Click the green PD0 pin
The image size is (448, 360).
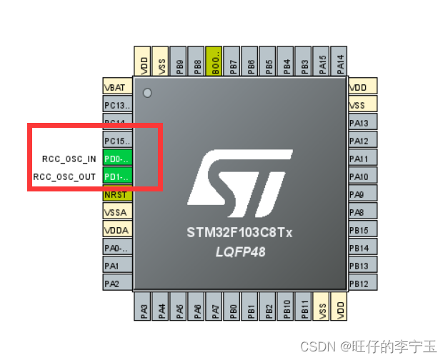(118, 159)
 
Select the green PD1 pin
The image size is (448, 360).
(118, 176)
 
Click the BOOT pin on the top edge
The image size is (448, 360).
(214, 62)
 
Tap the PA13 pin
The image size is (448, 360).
(362, 123)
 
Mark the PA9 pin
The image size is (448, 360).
(362, 194)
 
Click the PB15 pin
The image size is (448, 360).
(362, 230)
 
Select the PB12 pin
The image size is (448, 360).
(362, 284)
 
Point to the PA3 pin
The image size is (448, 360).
(144, 308)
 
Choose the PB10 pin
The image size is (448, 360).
(287, 308)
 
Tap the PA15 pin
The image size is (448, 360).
(322, 62)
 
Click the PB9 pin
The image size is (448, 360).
(179, 62)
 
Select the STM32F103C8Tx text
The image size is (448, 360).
(240, 233)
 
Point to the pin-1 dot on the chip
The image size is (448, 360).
(147, 93)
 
